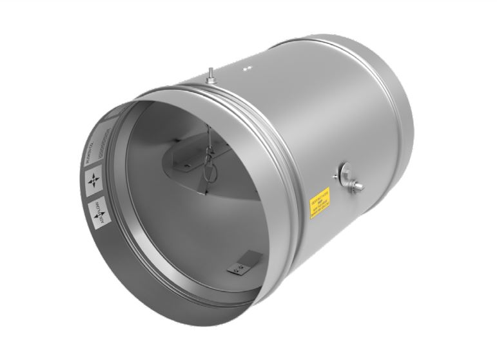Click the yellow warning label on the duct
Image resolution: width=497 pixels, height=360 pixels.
pyautogui.click(x=320, y=203)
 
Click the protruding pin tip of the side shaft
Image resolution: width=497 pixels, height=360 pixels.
pyautogui.click(x=359, y=187)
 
